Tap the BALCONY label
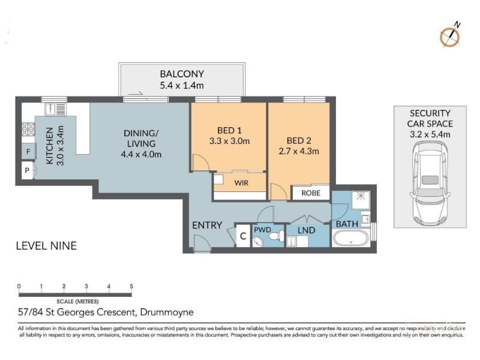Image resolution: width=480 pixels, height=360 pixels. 182,74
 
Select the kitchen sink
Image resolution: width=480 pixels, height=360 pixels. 55,109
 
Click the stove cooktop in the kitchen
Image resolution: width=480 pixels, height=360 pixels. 28,130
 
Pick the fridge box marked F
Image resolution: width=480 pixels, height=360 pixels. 28,152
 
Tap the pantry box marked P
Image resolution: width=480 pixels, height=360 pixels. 27,170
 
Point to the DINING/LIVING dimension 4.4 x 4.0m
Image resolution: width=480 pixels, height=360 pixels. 141,154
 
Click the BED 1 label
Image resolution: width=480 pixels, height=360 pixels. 229,130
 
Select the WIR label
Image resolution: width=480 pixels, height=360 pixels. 241,183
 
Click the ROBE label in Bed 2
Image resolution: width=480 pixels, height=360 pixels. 311,193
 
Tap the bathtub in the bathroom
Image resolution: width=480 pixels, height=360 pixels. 351,238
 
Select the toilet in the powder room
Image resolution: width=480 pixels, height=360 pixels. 277,236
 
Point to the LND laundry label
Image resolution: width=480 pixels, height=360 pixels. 307,230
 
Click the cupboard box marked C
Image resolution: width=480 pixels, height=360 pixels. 243,236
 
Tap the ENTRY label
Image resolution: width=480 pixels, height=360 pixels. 207,226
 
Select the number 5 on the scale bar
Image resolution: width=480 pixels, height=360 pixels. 131,286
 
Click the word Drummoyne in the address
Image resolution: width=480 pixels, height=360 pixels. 167,312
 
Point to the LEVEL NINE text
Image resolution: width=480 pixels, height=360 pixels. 46,246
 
